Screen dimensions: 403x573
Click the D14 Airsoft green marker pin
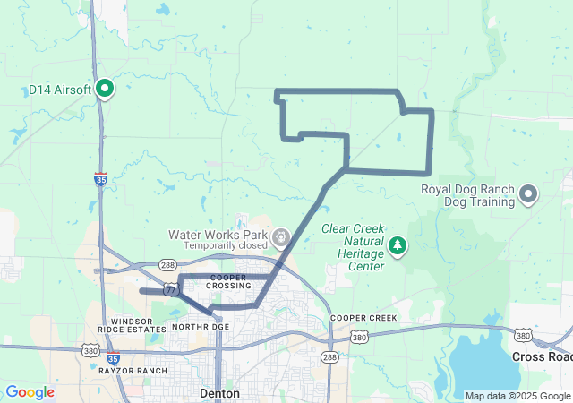(x=105, y=88)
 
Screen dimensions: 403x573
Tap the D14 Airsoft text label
(x=60, y=89)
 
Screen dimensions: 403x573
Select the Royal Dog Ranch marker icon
(x=528, y=194)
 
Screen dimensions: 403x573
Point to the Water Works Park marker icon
(x=281, y=236)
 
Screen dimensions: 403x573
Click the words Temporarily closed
(x=227, y=245)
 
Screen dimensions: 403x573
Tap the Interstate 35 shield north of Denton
(x=101, y=180)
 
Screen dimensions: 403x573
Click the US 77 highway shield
(x=170, y=290)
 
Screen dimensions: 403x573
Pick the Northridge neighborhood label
(x=200, y=327)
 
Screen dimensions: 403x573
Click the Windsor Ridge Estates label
(x=134, y=325)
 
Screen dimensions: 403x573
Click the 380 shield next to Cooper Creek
(x=359, y=338)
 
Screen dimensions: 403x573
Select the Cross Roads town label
(x=541, y=356)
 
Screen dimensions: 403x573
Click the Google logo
(x=30, y=392)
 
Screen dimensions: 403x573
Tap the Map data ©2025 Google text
(x=517, y=396)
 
